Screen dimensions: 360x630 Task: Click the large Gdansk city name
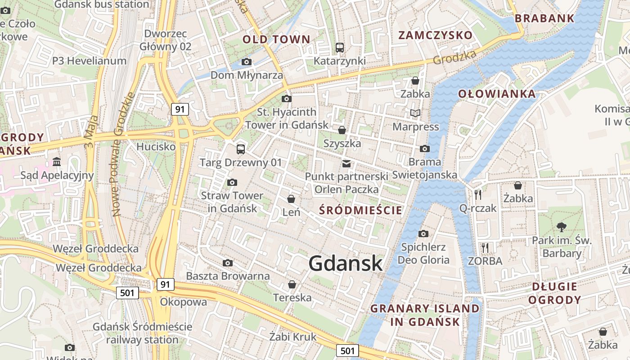(346, 264)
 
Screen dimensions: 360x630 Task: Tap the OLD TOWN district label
(276, 40)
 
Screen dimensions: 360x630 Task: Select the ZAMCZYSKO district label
(435, 36)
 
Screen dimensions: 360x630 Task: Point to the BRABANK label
(544, 18)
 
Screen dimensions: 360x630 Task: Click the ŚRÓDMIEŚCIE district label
(360, 210)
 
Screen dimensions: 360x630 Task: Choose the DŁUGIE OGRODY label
(554, 293)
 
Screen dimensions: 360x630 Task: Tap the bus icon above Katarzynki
(340, 47)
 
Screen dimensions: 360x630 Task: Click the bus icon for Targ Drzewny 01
(241, 149)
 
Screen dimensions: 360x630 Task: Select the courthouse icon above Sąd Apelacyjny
(57, 162)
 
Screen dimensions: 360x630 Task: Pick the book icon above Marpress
(415, 113)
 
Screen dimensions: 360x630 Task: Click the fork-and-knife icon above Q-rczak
(478, 194)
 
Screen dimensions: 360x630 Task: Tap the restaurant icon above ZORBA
(485, 247)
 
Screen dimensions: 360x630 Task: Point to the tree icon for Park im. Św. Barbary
(562, 227)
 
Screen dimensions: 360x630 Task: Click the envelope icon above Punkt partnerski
(346, 163)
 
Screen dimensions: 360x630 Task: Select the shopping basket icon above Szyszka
(342, 130)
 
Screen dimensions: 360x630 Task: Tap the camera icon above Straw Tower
(232, 182)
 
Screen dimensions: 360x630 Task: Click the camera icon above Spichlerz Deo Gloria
(423, 234)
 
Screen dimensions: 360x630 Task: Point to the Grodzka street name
(454, 57)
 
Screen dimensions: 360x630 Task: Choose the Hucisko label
(156, 147)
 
